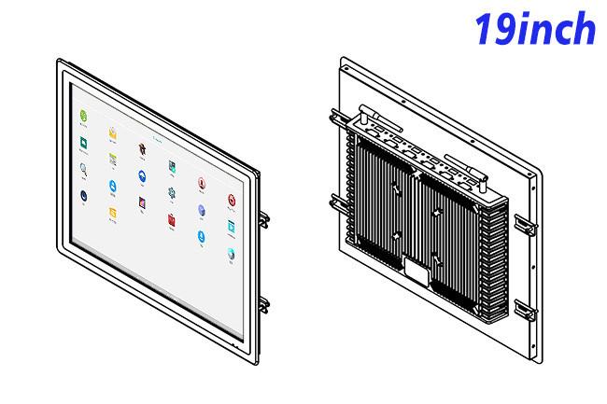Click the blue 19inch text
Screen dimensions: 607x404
click(x=535, y=29)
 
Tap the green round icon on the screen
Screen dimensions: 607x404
click(x=83, y=116)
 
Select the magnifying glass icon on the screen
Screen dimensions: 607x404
click(x=83, y=169)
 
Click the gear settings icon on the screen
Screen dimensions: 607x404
click(x=172, y=192)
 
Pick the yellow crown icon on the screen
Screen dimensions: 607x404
click(x=113, y=133)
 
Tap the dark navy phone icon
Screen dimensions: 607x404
click(x=84, y=196)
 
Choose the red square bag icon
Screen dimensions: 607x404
click(x=172, y=219)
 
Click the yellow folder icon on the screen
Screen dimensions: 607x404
click(x=113, y=213)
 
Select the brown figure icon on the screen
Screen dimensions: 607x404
click(x=142, y=149)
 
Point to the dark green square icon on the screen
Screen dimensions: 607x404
click(x=83, y=143)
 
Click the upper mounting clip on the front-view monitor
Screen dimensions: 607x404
click(x=264, y=219)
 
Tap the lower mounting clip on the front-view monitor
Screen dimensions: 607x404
click(x=264, y=305)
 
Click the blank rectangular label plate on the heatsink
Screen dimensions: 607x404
click(x=416, y=272)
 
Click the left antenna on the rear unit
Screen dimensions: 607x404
click(x=380, y=118)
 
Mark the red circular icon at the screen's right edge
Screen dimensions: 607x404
click(x=232, y=201)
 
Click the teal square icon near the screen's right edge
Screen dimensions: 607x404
click(x=231, y=227)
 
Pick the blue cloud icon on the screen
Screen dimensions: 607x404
click(x=142, y=176)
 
